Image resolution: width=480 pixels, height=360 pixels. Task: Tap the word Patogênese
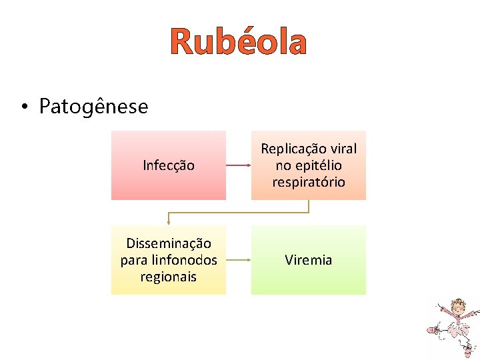click(x=93, y=106)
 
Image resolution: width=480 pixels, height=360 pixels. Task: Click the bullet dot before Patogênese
click(x=23, y=107)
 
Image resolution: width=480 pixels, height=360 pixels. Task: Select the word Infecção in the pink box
click(x=169, y=165)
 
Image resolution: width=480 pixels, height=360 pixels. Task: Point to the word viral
click(x=342, y=149)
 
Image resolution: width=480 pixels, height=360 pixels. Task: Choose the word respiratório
click(x=309, y=182)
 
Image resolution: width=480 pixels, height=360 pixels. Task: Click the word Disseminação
click(x=169, y=243)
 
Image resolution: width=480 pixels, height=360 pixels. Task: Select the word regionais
click(x=169, y=276)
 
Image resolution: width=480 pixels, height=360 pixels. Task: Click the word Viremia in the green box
click(x=309, y=260)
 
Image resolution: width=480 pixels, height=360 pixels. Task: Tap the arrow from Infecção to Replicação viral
click(x=238, y=165)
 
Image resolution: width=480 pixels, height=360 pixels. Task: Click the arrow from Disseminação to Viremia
click(x=238, y=260)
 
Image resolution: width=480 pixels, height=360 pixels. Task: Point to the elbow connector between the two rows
click(x=239, y=213)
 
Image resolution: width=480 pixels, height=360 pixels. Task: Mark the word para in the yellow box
click(x=133, y=260)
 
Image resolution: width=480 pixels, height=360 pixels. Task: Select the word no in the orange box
click(x=283, y=165)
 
